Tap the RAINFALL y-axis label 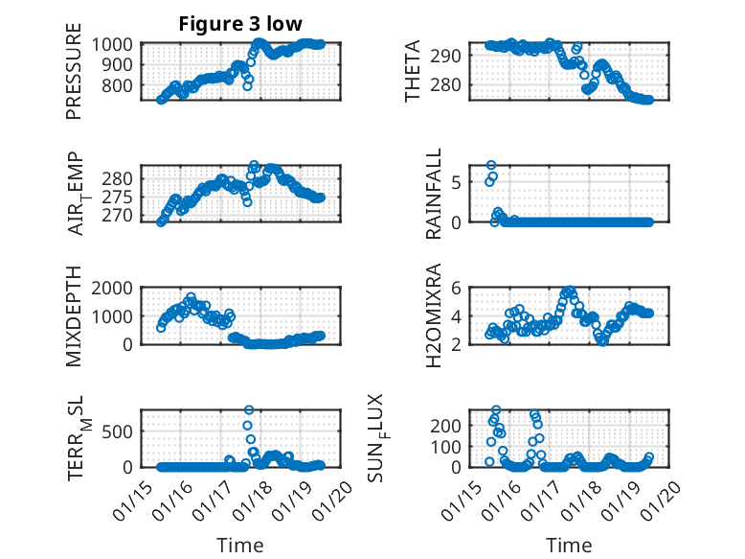[x=433, y=194]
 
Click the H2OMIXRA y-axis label [x=433, y=315]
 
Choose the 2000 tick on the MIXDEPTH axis [x=115, y=288]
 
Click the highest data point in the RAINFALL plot [x=491, y=165]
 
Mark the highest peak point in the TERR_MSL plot [x=249, y=410]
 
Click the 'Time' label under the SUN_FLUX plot [x=569, y=545]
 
